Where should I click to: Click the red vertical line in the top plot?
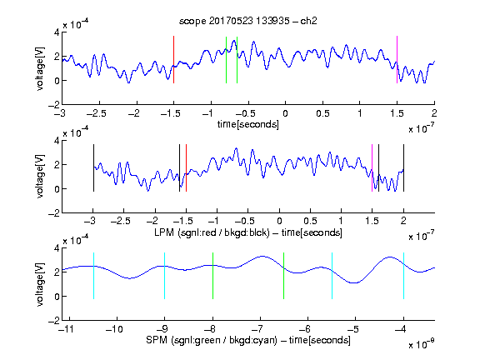coord(173,60)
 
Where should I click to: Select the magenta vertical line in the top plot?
coord(397,60)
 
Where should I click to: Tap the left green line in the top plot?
coord(226,60)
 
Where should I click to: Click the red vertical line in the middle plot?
coord(186,167)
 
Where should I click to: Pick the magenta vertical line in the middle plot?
coord(372,167)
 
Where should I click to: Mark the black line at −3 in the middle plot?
coord(93,167)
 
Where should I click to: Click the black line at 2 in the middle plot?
coord(403,167)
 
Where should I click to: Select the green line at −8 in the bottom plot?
coord(212,276)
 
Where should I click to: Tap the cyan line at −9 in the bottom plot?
coord(164,276)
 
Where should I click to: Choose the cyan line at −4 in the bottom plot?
coord(403,276)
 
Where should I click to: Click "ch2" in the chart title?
coord(308,21)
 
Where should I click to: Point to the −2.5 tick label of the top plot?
coord(97,113)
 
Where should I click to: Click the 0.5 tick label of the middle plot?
coord(310,221)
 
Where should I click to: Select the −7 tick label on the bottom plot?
coord(258,329)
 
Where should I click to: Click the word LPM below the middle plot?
coord(164,232)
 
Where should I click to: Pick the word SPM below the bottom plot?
coord(157,340)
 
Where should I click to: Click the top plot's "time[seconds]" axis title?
coord(248,124)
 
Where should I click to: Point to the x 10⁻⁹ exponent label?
coord(421,343)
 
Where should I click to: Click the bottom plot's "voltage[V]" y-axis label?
coord(40,284)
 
